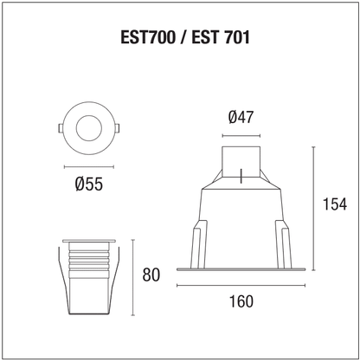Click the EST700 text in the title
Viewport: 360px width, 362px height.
(x=148, y=37)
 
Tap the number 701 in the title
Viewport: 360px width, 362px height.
(x=236, y=37)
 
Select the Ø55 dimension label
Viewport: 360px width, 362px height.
(x=89, y=184)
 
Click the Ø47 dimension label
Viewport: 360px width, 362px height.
(x=241, y=118)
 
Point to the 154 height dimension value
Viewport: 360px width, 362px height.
(x=335, y=204)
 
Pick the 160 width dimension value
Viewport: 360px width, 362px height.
(x=241, y=301)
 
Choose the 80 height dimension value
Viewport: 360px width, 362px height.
(x=151, y=275)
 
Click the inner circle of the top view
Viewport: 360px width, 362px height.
(x=89, y=128)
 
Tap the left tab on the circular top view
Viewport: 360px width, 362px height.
(x=61, y=128)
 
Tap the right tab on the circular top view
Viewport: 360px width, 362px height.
(x=117, y=128)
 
